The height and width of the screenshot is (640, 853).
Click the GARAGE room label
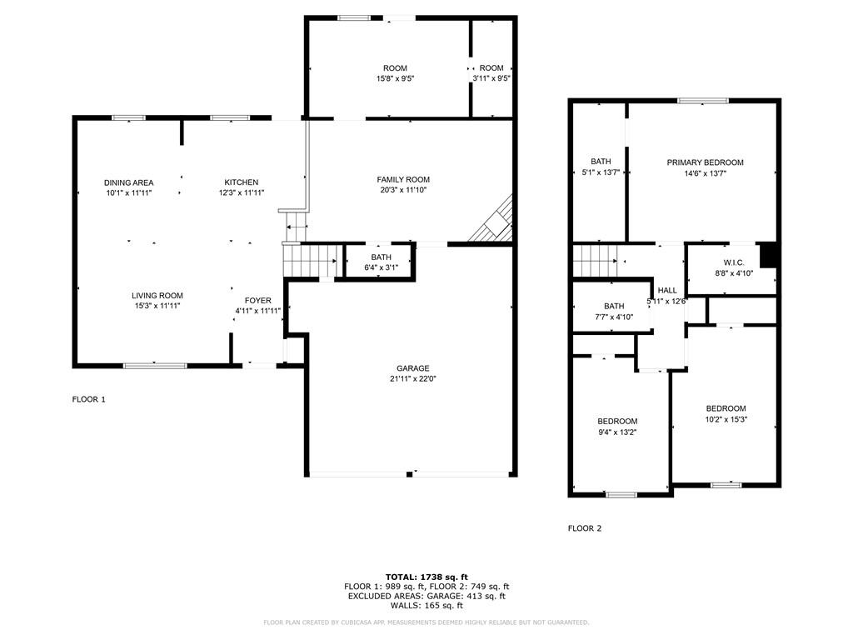[412, 368]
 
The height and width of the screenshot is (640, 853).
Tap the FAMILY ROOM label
[403, 179]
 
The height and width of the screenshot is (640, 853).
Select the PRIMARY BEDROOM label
[705, 162]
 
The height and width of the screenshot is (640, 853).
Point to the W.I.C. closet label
[732, 262]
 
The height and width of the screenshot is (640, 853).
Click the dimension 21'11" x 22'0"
[412, 379]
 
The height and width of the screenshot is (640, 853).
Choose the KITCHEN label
[242, 182]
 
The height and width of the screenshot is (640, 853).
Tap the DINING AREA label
[129, 182]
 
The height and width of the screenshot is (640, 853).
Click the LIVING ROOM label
[157, 296]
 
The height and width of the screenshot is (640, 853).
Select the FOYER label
[257, 300]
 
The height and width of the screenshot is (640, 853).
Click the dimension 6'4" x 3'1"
[382, 267]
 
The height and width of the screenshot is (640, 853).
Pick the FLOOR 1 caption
[89, 399]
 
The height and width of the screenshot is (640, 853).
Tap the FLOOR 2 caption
[585, 528]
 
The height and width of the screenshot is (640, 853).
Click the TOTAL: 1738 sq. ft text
[426, 577]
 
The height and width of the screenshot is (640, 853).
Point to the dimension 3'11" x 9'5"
[491, 78]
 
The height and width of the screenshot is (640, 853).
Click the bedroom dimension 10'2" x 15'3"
[726, 419]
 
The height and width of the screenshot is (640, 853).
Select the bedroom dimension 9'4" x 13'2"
[617, 432]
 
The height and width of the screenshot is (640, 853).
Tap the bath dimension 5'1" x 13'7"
[601, 172]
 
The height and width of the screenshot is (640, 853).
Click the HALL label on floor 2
[667, 290]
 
